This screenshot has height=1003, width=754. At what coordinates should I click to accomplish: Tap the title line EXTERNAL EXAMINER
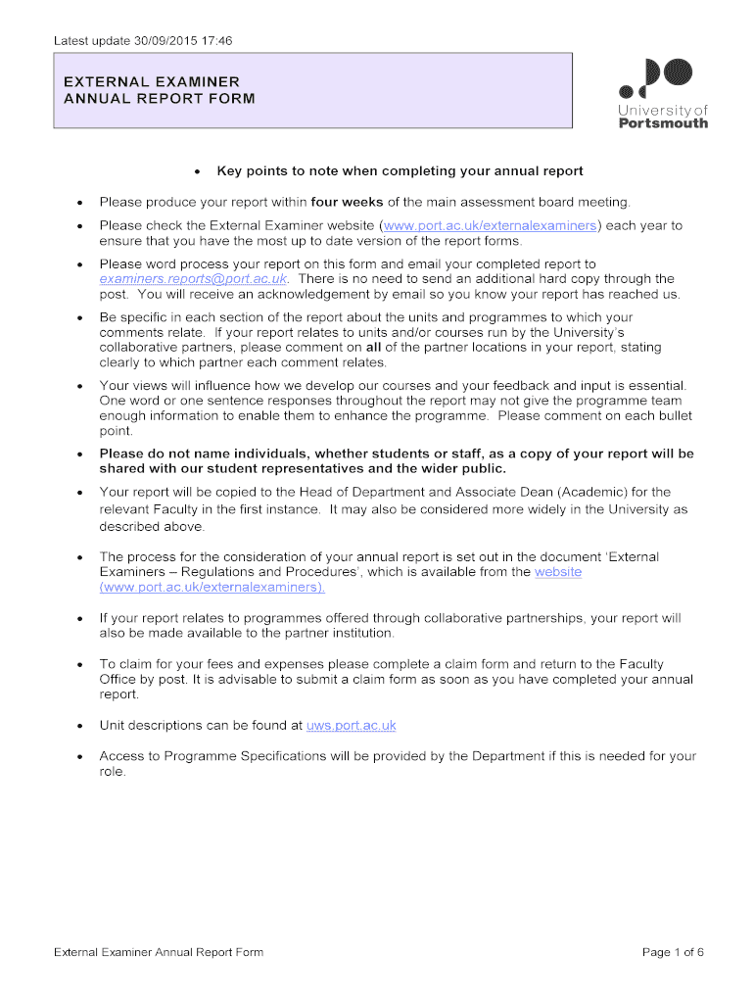pyautogui.click(x=152, y=81)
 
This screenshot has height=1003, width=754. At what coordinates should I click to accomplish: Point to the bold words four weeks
pyautogui.click(x=347, y=202)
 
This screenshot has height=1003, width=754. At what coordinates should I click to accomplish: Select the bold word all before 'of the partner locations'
pyautogui.click(x=373, y=347)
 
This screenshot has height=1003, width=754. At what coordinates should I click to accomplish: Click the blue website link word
pyautogui.click(x=558, y=572)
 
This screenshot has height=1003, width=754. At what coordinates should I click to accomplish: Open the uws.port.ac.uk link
pyautogui.click(x=351, y=726)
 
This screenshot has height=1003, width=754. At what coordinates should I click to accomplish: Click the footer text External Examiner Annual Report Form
pyautogui.click(x=159, y=952)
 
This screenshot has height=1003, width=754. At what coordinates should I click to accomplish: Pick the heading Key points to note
pyautogui.click(x=400, y=171)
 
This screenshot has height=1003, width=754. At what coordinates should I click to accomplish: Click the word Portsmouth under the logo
pyautogui.click(x=663, y=123)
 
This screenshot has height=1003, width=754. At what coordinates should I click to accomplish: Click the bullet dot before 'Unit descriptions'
pyautogui.click(x=77, y=727)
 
